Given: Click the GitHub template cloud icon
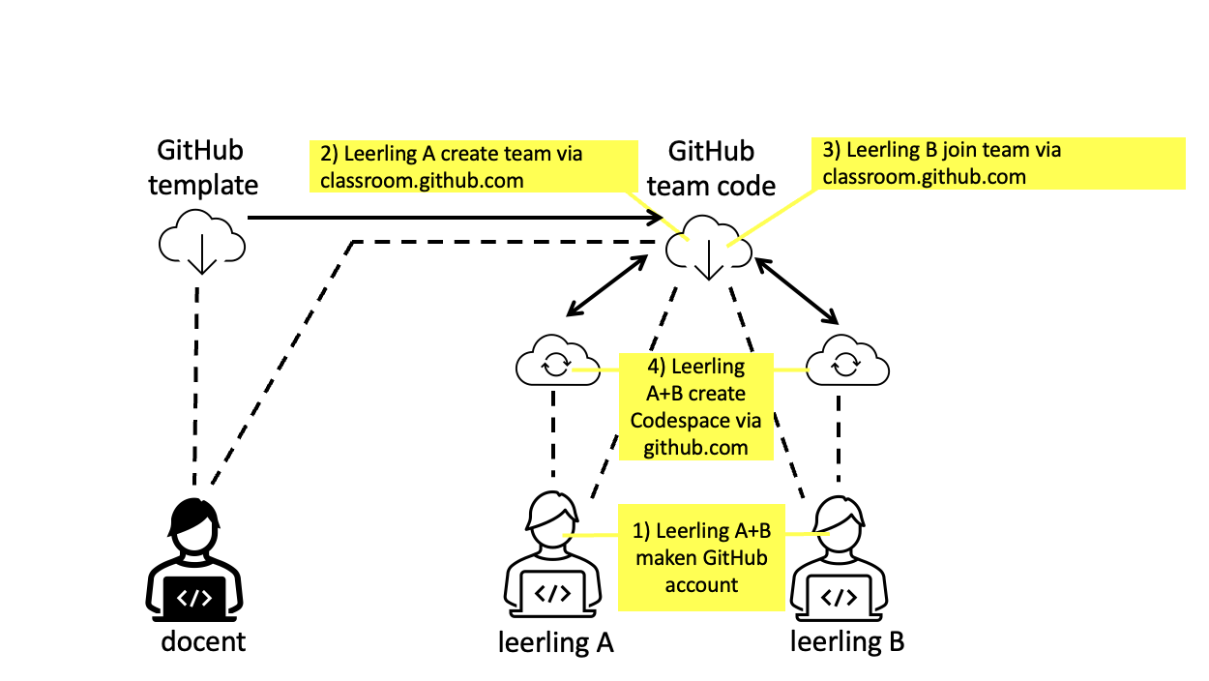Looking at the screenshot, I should coord(200,242).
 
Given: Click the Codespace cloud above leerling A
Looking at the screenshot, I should coord(555,363).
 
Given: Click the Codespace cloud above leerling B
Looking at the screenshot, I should coord(846,363).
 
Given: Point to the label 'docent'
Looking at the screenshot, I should coord(203,640).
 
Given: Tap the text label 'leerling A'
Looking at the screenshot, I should coord(555,642).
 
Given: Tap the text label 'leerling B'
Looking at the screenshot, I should coord(847,641).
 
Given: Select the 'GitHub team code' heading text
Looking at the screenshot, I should coord(711,167).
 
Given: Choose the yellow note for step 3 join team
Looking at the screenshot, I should coord(998,163).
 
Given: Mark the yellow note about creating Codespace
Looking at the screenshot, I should coord(695,406).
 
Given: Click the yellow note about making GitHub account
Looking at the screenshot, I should coord(701,558).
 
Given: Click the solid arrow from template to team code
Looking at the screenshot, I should coord(455,219).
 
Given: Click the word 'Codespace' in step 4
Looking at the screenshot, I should coord(695,421).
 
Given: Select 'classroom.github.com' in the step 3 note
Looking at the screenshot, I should coord(923,176).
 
